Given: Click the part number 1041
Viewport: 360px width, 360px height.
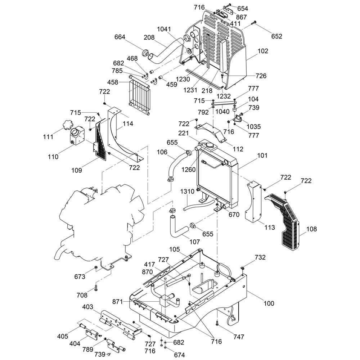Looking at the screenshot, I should pyautogui.click(x=164, y=29).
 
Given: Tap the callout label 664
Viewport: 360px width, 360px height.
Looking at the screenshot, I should pyautogui.click(x=120, y=37).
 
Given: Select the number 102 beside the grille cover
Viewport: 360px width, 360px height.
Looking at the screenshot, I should pyautogui.click(x=263, y=51).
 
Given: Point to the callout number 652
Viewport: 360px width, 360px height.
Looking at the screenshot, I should pyautogui.click(x=277, y=36).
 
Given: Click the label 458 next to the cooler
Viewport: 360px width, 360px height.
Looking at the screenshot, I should pyautogui.click(x=113, y=82).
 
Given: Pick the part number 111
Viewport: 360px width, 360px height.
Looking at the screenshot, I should pyautogui.click(x=48, y=137).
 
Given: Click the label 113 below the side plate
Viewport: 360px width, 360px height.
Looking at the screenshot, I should pyautogui.click(x=270, y=227).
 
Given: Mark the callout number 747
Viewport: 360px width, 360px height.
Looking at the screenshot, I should pyautogui.click(x=239, y=337).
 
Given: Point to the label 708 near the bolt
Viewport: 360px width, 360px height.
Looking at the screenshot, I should pyautogui.click(x=82, y=295).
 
